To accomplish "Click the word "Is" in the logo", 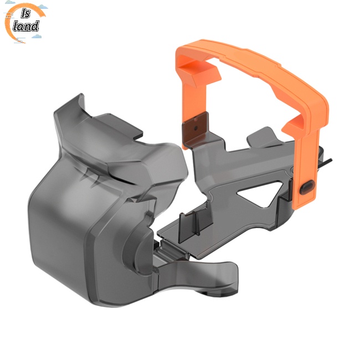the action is pos(25,14).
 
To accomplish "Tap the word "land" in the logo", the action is pos(25,26).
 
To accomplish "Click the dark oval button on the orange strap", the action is pos(307,187).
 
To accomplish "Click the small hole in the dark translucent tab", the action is pos(196,128).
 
